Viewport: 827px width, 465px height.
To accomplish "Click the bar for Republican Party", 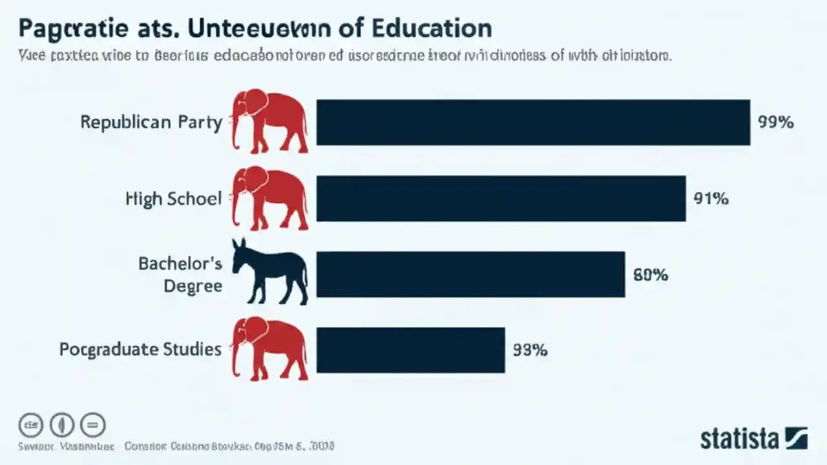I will (x=533, y=122).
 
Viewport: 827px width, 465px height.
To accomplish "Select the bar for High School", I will (x=501, y=198).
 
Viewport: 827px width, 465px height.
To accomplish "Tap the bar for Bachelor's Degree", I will (x=470, y=274).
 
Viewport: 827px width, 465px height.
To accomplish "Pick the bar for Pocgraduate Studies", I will (x=410, y=350).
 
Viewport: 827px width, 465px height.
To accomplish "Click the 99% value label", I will (x=775, y=122).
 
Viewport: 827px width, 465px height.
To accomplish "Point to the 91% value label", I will (x=711, y=199).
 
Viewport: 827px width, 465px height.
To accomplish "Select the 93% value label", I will (x=530, y=350).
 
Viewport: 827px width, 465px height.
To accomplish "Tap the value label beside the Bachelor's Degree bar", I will (x=650, y=275).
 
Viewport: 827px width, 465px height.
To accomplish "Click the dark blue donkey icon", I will (x=269, y=271).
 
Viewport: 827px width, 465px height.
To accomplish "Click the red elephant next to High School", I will (x=269, y=197).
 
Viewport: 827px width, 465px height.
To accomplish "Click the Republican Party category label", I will (x=151, y=122).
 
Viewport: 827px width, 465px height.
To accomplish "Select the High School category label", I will (x=173, y=198).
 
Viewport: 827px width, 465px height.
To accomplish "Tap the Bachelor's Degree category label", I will (x=180, y=274).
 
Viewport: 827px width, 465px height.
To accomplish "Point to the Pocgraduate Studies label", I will (x=140, y=349).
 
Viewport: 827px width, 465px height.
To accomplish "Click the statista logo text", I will (x=740, y=439).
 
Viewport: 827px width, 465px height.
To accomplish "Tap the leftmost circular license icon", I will (x=30, y=425).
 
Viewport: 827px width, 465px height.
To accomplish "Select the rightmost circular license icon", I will (x=93, y=425).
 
